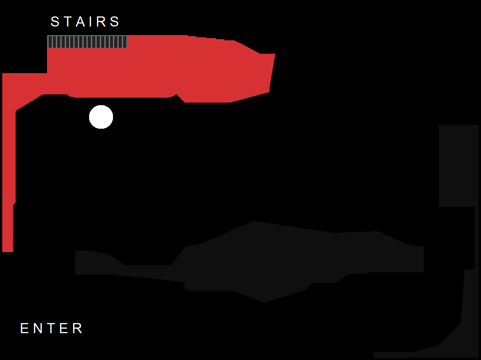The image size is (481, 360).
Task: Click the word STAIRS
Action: point(85,22)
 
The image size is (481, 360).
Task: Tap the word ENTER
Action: point(51,328)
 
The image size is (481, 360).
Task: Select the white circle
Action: point(101,117)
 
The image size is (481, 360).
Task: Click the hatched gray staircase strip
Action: point(87,42)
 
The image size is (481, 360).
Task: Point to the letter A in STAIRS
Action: point(81,22)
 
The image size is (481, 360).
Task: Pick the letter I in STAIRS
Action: point(91,22)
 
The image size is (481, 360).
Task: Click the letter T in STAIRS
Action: point(68,22)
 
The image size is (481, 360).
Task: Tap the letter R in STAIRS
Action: point(101,22)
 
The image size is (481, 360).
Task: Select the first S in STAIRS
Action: point(55,22)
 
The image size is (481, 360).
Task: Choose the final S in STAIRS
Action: point(115,22)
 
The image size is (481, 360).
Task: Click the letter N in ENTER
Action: point(38,328)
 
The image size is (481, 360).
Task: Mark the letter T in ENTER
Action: point(51,328)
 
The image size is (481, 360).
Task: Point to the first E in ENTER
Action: point(24,328)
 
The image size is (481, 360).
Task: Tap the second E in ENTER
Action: point(64,328)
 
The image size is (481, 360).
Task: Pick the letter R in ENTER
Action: point(77,328)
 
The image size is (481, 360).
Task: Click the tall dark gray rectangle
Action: point(459,166)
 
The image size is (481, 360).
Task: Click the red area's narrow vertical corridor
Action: point(8,175)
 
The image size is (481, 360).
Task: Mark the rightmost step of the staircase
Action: point(125,42)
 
